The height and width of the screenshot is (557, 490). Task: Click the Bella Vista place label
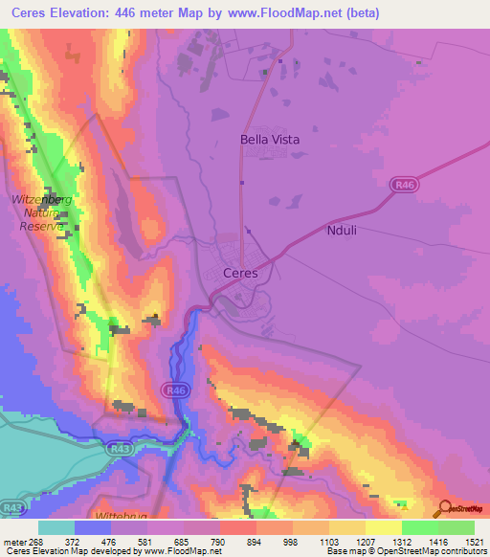click(269, 140)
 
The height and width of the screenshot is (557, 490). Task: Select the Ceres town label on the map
click(239, 272)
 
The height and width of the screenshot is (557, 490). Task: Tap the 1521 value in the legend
click(473, 543)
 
